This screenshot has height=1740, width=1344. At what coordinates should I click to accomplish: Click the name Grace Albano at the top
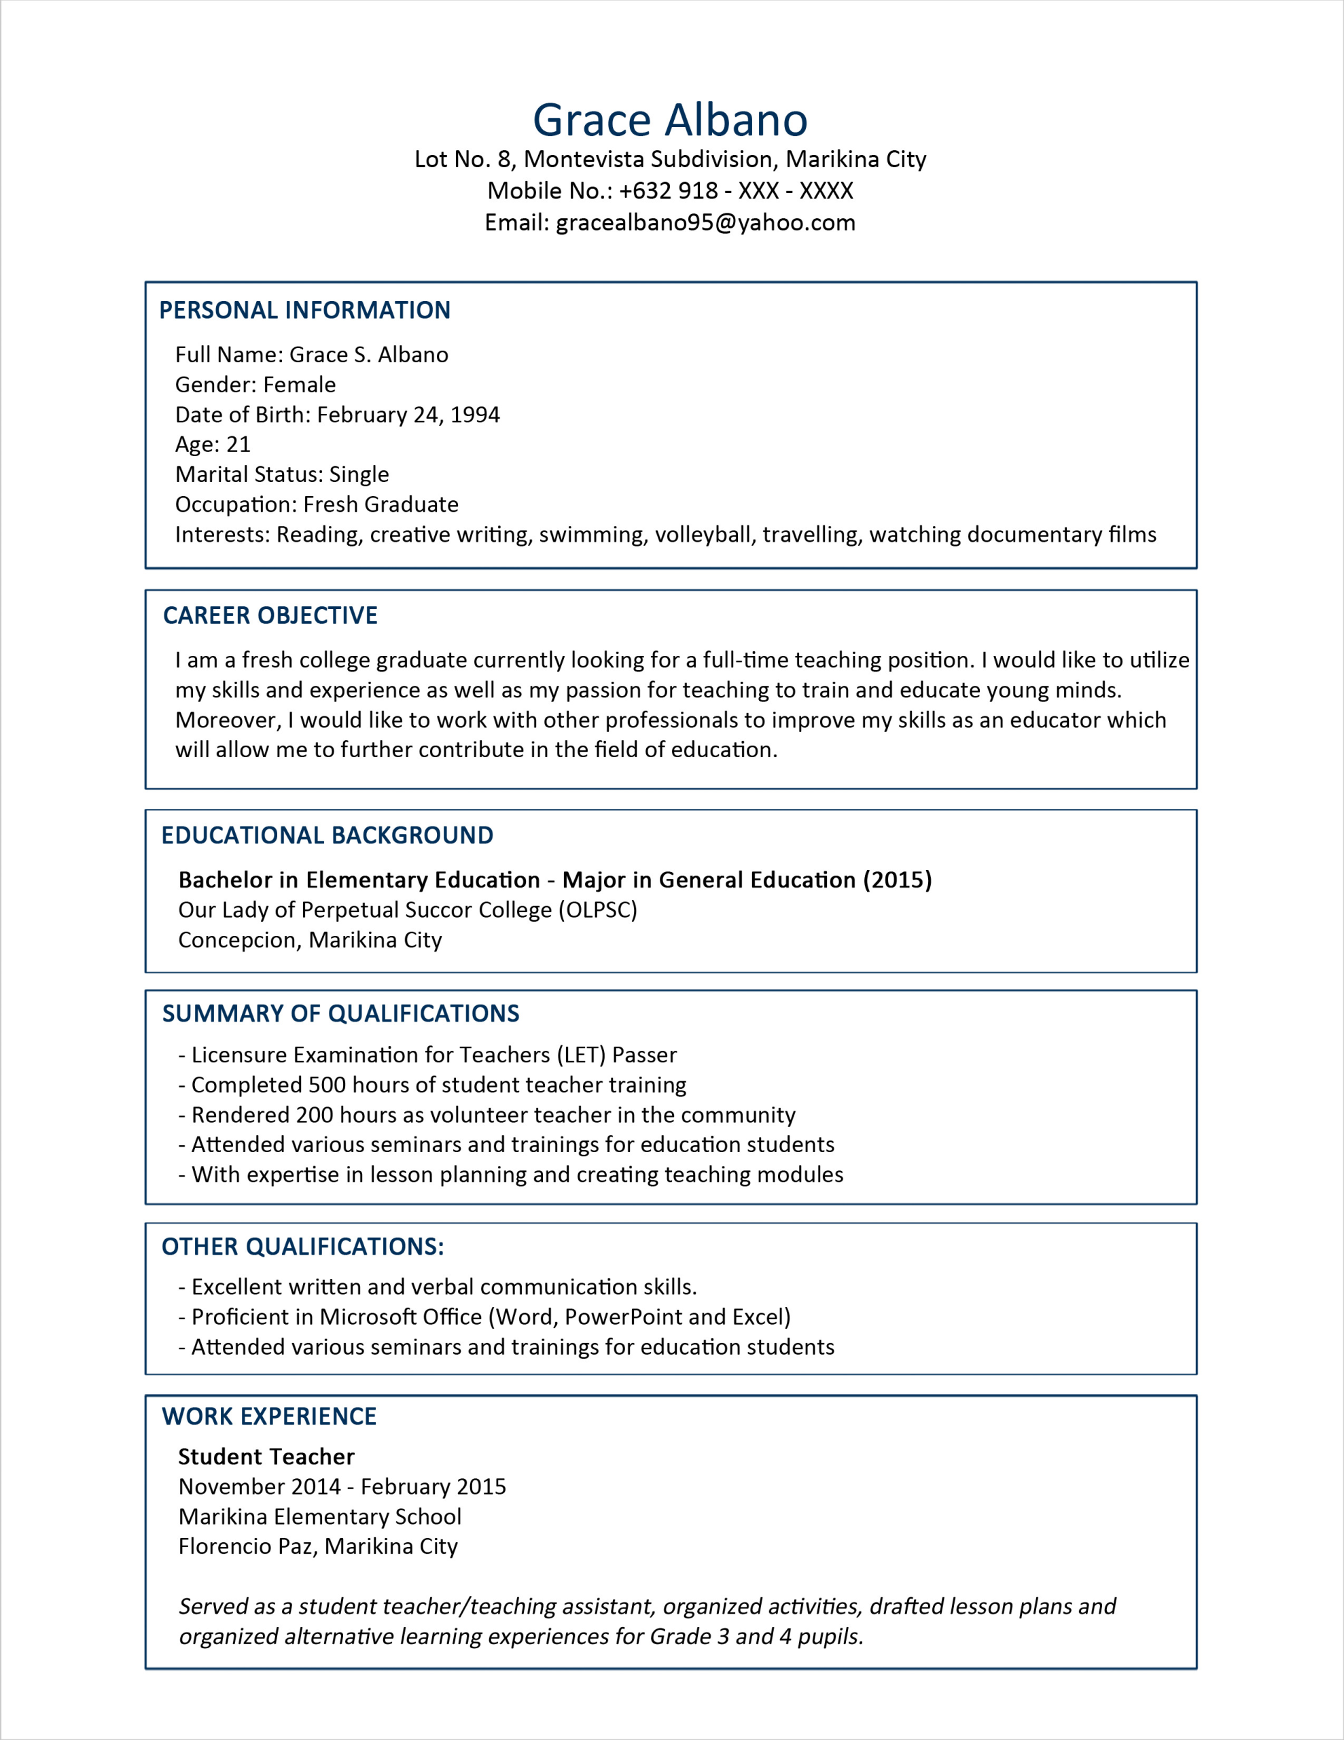point(670,120)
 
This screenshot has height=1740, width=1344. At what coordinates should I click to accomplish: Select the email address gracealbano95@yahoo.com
point(705,222)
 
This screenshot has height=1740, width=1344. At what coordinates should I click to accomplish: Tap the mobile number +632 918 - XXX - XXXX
point(735,191)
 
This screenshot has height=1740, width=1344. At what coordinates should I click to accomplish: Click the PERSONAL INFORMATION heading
point(304,310)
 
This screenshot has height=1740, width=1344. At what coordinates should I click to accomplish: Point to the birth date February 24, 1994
point(408,415)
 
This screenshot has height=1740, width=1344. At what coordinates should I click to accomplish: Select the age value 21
point(238,445)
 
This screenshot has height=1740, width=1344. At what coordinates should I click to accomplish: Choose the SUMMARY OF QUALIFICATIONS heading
point(340,1013)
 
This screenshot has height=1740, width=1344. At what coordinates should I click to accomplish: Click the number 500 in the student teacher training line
point(327,1085)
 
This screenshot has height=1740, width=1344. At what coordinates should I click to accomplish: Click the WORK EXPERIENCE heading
point(269,1416)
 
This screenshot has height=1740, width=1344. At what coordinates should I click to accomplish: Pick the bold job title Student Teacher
point(266,1457)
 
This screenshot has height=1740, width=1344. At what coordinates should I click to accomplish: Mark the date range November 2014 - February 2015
point(342,1486)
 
